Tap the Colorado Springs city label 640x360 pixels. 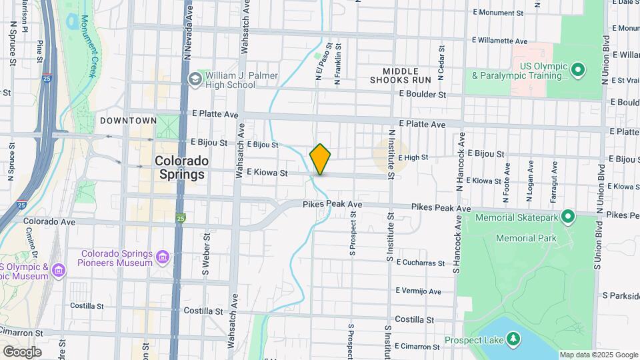click(x=181, y=168)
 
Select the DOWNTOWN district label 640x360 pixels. click(x=128, y=121)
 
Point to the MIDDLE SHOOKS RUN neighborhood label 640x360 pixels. click(x=401, y=75)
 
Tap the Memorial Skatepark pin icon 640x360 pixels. click(x=568, y=217)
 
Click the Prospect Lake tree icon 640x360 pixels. click(x=513, y=341)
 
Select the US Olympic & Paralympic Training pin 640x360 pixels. click(x=578, y=69)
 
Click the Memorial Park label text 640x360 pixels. click(x=525, y=238)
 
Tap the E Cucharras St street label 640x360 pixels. click(x=420, y=263)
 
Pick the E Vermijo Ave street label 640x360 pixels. click(x=418, y=291)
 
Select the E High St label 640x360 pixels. click(x=412, y=158)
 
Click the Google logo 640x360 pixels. click(x=22, y=351)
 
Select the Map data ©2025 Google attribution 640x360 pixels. click(x=598, y=355)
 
